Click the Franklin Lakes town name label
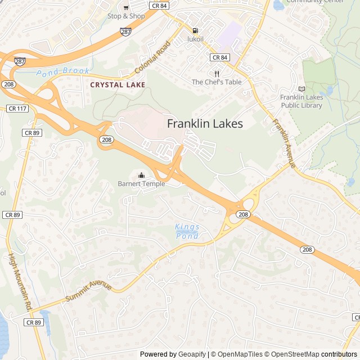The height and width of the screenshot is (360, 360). point(205,124)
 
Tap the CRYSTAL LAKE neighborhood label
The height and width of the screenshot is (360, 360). point(118,84)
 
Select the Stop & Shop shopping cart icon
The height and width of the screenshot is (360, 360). point(126,7)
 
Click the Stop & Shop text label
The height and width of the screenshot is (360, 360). point(126,16)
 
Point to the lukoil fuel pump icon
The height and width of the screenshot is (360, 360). point(195,30)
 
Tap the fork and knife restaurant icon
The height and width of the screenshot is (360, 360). point(217,73)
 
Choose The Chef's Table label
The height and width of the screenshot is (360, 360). point(217,82)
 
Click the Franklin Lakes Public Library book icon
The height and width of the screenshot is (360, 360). point(301,88)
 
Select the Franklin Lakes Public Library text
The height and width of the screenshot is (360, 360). point(301,101)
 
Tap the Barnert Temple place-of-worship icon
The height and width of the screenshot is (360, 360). point(141,174)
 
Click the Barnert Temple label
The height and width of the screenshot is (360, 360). point(141,184)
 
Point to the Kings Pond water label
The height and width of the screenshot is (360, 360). point(187,231)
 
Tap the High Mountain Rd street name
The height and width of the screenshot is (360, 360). point(20,282)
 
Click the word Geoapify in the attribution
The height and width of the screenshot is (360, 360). point(192,354)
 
